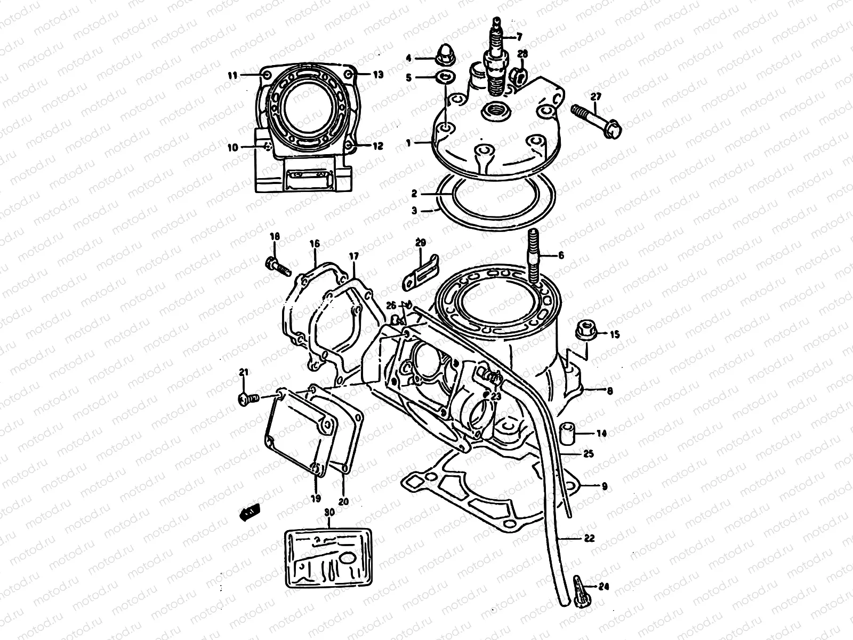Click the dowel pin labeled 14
(567, 434)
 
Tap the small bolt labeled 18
(276, 264)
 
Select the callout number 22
(588, 539)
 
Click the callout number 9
(604, 486)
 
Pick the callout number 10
(234, 148)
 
